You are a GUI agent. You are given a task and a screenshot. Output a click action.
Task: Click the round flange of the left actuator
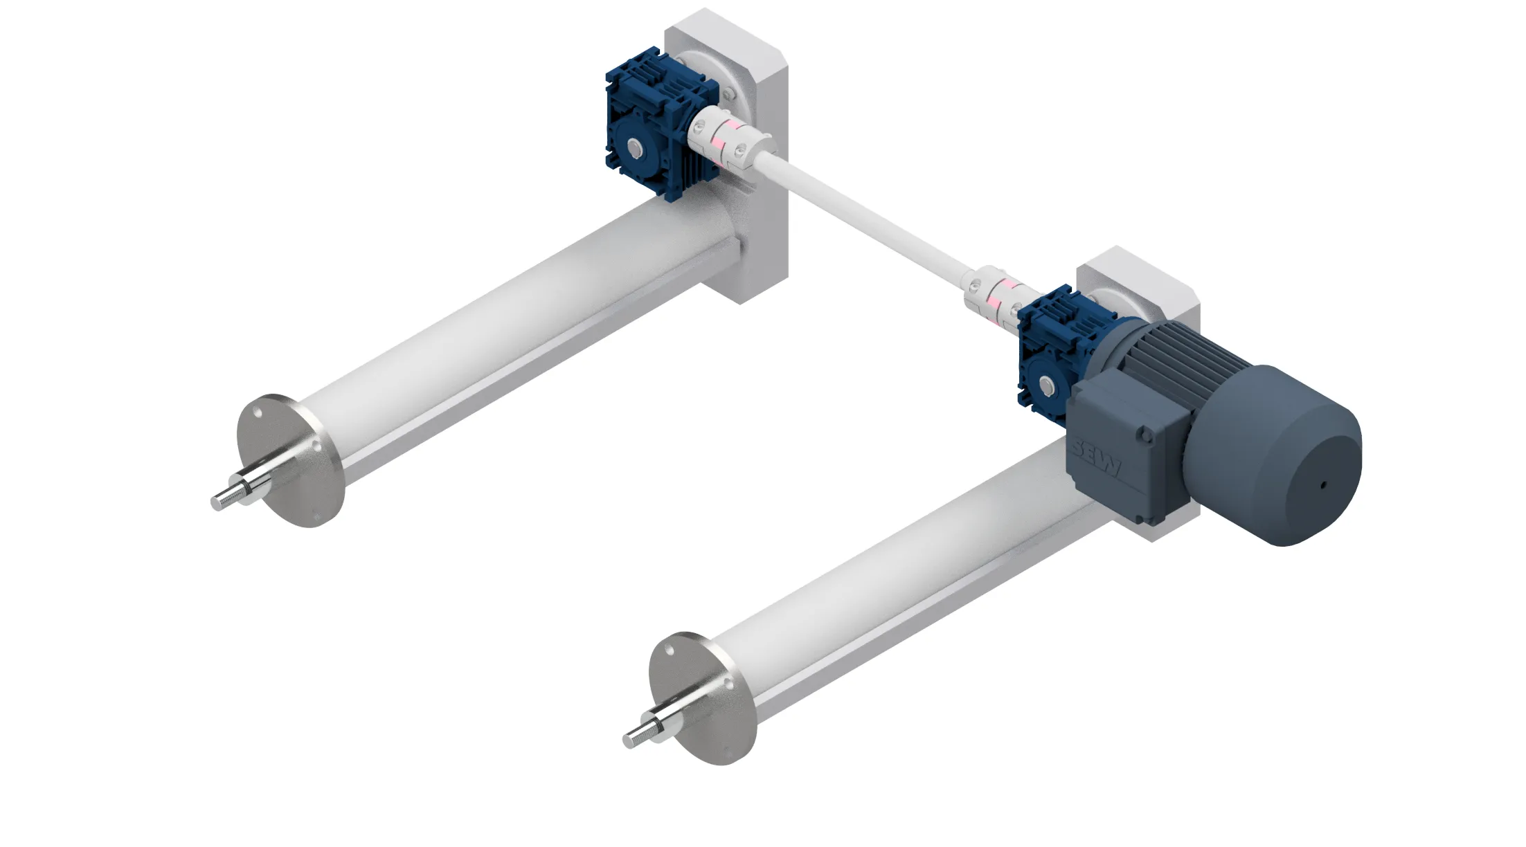pos(291,460)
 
